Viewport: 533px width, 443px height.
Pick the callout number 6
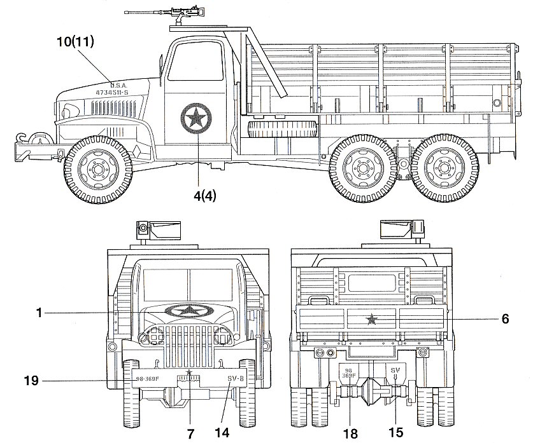(x=505, y=318)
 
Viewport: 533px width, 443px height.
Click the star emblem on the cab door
(x=195, y=119)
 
